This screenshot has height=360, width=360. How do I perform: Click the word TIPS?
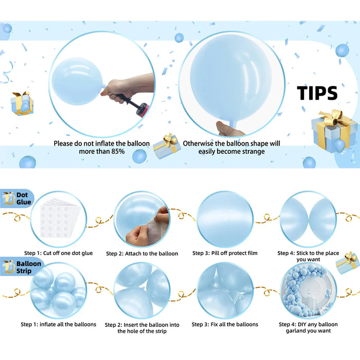tap(317, 93)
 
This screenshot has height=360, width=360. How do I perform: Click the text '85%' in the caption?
tap(116, 152)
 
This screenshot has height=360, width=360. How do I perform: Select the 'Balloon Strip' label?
tap(23, 267)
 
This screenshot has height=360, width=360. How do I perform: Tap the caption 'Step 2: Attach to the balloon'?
tap(142, 254)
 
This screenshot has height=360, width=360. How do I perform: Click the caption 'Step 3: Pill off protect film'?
tap(225, 253)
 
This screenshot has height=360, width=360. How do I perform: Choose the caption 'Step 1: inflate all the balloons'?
tap(58, 325)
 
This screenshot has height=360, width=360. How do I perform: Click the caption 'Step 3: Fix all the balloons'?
tap(225, 325)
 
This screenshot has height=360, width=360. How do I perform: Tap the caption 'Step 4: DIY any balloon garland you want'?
tap(308, 328)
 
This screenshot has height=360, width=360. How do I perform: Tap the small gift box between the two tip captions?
tap(167, 146)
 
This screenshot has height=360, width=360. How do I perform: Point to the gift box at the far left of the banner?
tap(21, 103)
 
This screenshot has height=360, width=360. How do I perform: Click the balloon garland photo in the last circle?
tap(308, 291)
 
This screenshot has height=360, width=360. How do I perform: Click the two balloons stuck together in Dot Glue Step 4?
tap(308, 219)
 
